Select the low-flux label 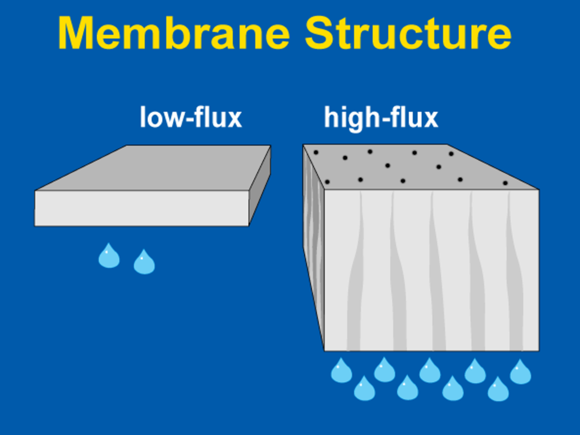click(191, 118)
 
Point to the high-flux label click(381, 118)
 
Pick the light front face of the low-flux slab click(142, 208)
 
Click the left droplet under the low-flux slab click(109, 256)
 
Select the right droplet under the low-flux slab click(144, 262)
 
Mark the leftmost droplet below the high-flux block click(341, 371)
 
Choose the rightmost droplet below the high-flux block click(520, 372)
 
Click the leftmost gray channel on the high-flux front click(355, 283)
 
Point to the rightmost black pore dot click(505, 183)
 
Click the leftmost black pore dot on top click(316, 152)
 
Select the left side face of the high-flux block click(313, 238)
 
